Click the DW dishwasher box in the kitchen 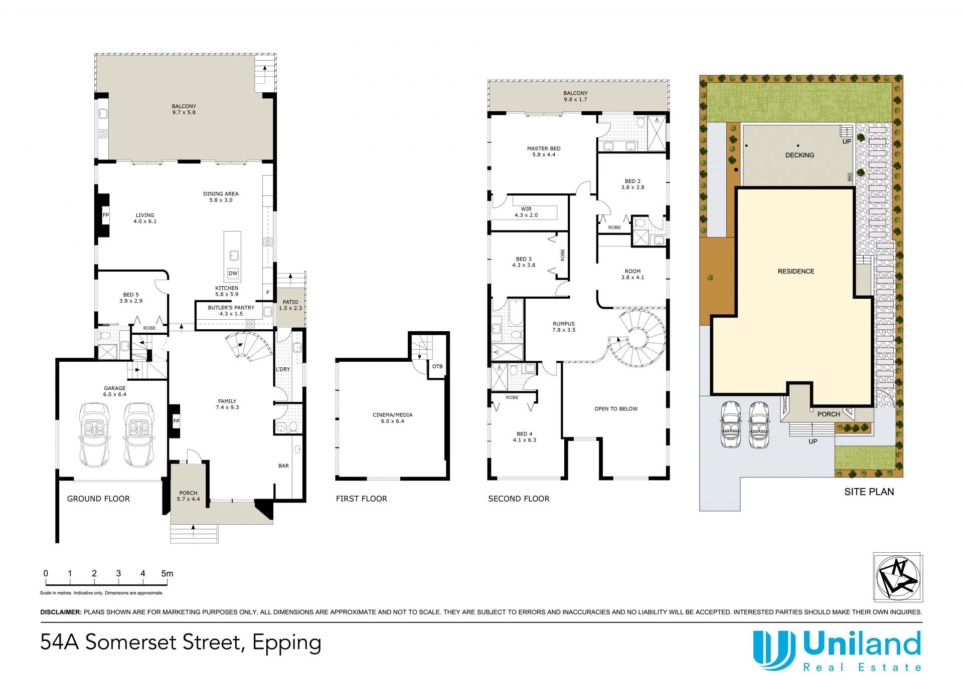pos(233,274)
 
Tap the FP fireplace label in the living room pos(106,215)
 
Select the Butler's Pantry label pos(231,311)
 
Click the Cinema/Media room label pos(392,418)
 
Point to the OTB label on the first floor pos(437,366)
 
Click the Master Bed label pos(544,152)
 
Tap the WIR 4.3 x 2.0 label pos(526,212)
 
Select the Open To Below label pos(616,409)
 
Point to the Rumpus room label pos(564,327)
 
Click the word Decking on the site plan pos(799,155)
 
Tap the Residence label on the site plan pos(796,271)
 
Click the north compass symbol pos(898,577)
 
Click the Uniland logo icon pos(774,650)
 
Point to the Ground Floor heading pos(98,499)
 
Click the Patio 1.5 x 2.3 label pos(290,305)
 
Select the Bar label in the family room pos(283,466)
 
